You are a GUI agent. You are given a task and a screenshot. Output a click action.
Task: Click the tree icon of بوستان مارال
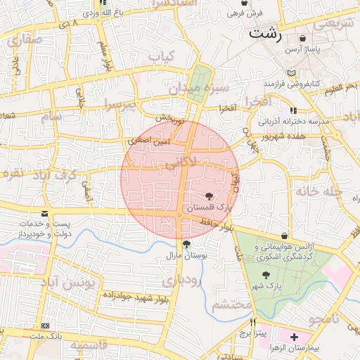tap(186, 244)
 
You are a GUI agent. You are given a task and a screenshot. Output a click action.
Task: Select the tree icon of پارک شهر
tap(265, 275)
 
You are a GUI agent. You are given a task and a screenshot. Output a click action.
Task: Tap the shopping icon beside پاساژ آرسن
tap(302, 38)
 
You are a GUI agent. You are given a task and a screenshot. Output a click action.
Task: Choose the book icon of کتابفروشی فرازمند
tap(292, 72)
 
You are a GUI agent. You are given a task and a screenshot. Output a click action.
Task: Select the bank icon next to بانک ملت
tap(45, 326)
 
